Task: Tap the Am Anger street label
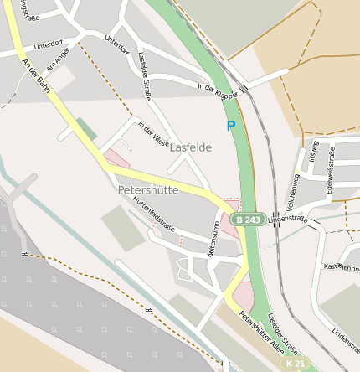[x=57, y=59]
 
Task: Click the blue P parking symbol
[x=231, y=127]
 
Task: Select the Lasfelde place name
[x=191, y=147]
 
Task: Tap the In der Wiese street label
[x=153, y=136]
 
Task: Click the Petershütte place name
[x=148, y=190]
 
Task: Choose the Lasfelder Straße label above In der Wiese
[x=143, y=75]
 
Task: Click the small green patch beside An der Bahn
[x=86, y=129]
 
